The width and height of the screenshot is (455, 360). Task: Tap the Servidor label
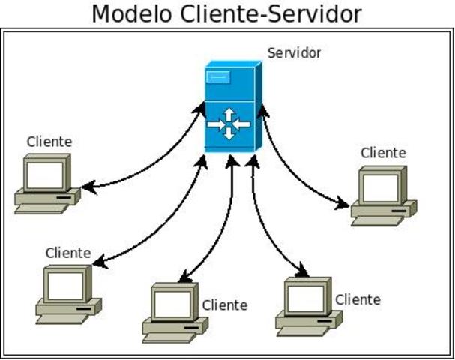pyautogui.click(x=294, y=53)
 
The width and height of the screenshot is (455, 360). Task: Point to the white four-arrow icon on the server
pyautogui.click(x=229, y=123)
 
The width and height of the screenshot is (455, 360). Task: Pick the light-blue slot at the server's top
pyautogui.click(x=218, y=76)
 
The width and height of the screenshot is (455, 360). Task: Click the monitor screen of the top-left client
pyautogui.click(x=44, y=174)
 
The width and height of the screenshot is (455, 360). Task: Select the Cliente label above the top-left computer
pyautogui.click(x=49, y=141)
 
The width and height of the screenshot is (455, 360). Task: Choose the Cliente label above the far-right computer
pyautogui.click(x=383, y=153)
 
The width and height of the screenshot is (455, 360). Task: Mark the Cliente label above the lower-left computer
pyautogui.click(x=68, y=253)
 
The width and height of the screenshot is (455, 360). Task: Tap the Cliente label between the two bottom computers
pyautogui.click(x=224, y=305)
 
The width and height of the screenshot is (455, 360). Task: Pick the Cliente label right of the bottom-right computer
pyautogui.click(x=358, y=300)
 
